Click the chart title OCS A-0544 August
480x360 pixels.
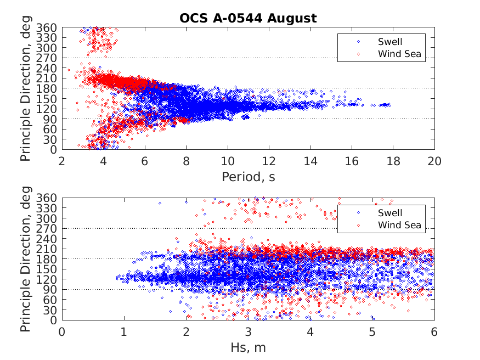pos(248,18)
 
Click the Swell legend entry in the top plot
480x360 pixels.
pos(389,41)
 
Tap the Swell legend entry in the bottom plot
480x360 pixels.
pos(389,213)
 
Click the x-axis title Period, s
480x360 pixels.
pos(248,176)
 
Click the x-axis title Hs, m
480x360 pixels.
pos(248,347)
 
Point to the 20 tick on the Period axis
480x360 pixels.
pos(434,161)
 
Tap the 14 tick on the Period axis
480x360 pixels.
pos(310,161)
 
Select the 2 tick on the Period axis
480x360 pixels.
pos(62,161)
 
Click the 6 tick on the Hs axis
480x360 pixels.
pos(434,331)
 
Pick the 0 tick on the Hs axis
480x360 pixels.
pos(62,331)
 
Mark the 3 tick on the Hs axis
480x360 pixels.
pos(248,331)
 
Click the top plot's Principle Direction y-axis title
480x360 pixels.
pos(26,88)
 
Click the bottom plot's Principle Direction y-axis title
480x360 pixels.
pos(26,258)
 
